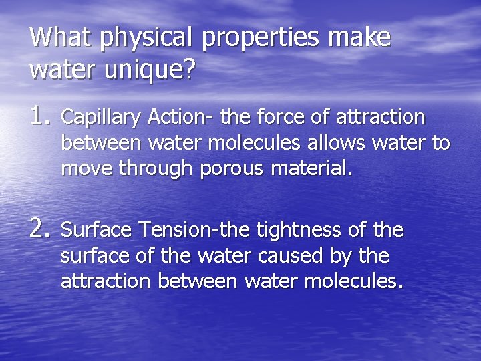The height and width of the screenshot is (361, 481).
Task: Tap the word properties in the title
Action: pos(263,39)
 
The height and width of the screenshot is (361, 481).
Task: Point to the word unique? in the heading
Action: pos(150,70)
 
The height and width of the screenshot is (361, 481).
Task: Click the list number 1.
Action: pos(40,116)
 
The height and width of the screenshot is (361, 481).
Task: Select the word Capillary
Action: pos(101,118)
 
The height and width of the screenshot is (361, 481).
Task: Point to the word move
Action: pos(86,168)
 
